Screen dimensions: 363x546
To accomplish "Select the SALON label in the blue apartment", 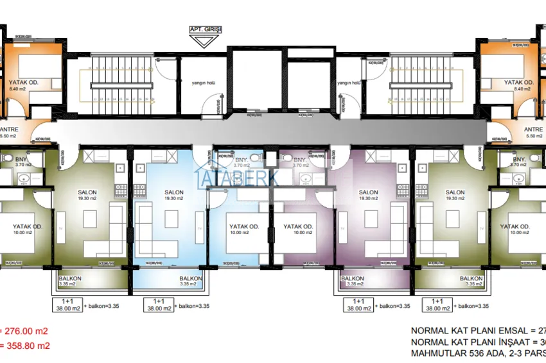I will [x=174, y=192].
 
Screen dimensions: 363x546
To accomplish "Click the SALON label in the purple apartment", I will [x=368, y=192].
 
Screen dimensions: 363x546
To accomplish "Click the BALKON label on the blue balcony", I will [x=191, y=278].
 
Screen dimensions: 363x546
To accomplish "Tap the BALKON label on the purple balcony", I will [x=353, y=278].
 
